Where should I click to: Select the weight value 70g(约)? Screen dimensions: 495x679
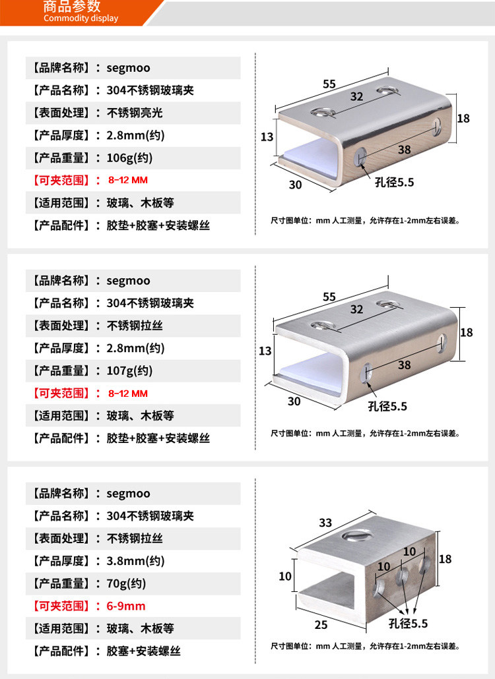[x=126, y=583]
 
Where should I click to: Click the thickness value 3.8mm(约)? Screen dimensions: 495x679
[x=135, y=561]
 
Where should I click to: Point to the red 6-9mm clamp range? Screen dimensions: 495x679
[x=126, y=606]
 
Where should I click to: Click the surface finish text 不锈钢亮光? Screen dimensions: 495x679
[x=135, y=113]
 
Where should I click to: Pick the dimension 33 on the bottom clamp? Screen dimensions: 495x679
[x=325, y=523]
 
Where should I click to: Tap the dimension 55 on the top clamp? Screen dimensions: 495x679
[x=329, y=84]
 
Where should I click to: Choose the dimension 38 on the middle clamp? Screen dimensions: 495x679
[x=405, y=365]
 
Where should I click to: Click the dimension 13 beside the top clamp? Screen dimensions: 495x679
[x=267, y=137]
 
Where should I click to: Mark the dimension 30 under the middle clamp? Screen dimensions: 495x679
[x=294, y=401]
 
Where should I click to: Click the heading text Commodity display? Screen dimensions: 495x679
[x=81, y=18]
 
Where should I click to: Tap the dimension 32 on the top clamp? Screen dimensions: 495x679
[x=356, y=96]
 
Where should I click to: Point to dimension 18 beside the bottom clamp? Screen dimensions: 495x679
[x=445, y=559]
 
